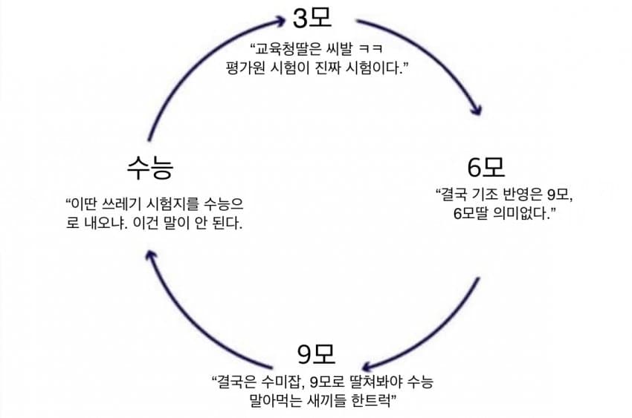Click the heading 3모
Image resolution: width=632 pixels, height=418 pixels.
click(312, 16)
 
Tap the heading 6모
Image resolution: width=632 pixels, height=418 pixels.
click(486, 168)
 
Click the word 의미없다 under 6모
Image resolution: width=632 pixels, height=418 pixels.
click(529, 215)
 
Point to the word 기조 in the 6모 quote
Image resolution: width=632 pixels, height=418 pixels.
click(486, 195)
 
